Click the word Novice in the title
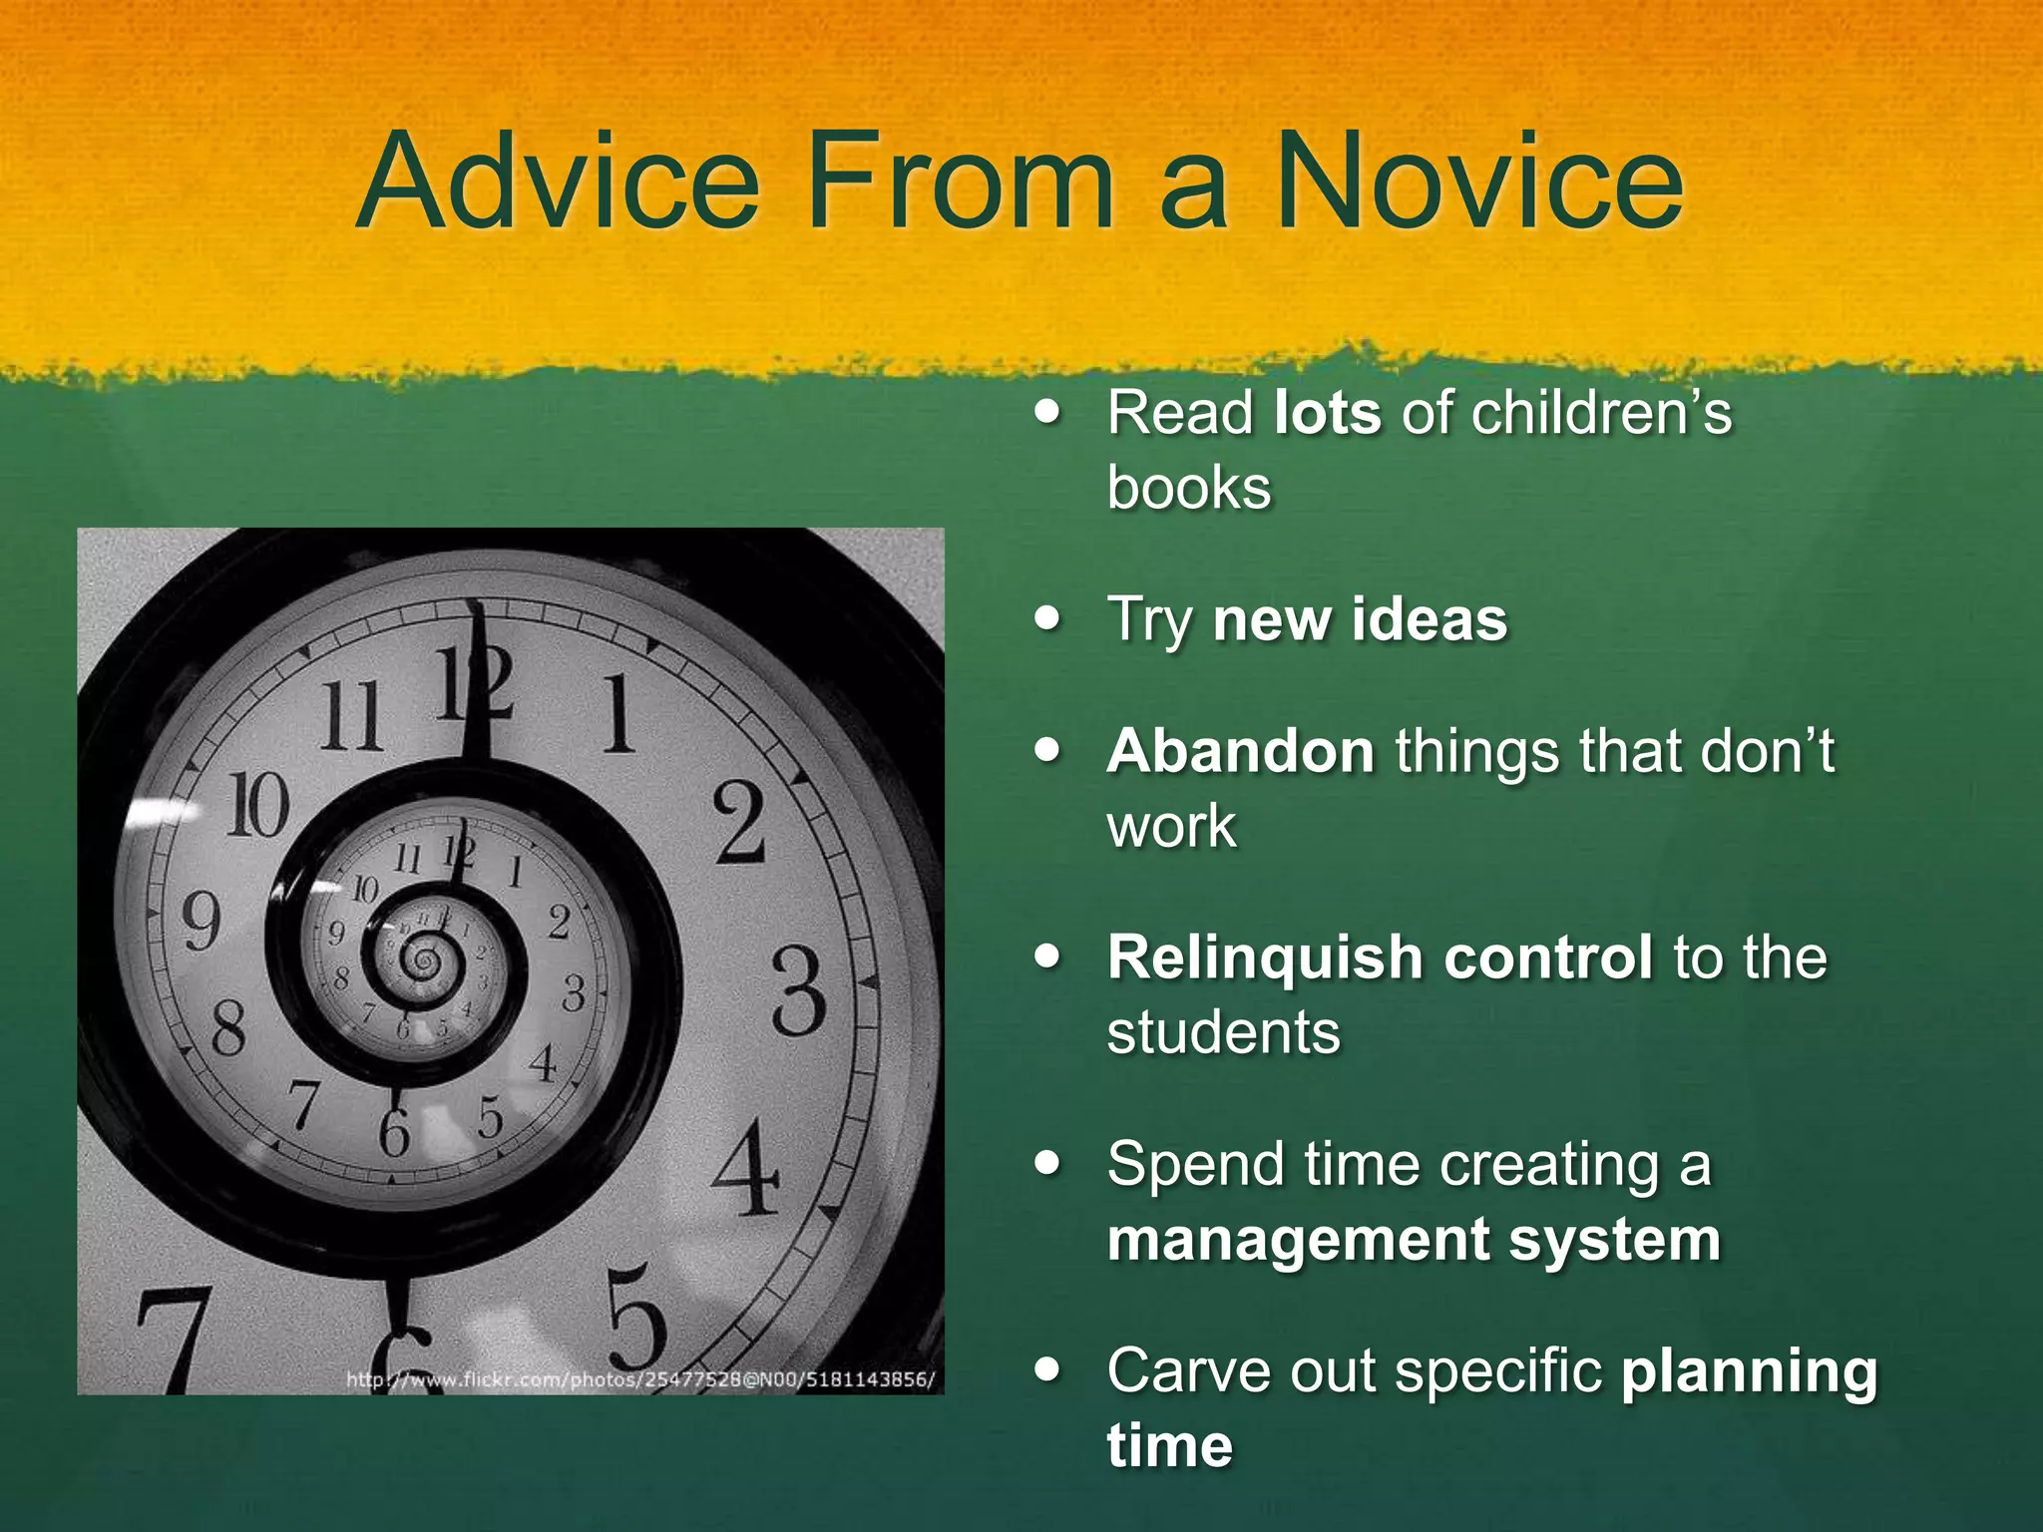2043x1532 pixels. click(x=1479, y=182)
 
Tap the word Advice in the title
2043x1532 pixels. click(x=559, y=182)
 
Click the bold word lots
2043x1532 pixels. click(x=1328, y=412)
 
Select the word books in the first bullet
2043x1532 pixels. click(x=1189, y=488)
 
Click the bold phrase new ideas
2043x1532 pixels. click(x=1360, y=619)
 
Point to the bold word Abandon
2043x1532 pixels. click(x=1241, y=750)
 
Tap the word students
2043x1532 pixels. click(x=1223, y=1031)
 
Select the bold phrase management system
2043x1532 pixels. click(x=1414, y=1240)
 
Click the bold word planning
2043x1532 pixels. click(x=1749, y=1371)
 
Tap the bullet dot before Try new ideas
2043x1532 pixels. click(x=1047, y=618)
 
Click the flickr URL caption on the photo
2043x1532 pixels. click(x=639, y=1379)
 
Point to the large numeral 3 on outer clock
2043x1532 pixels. click(x=798, y=991)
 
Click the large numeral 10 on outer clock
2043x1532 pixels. click(x=258, y=805)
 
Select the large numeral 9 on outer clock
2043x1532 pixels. click(x=201, y=922)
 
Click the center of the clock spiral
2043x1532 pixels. click(x=424, y=961)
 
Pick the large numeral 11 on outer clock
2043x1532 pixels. click(x=351, y=716)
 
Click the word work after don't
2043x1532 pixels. click(x=1171, y=826)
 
